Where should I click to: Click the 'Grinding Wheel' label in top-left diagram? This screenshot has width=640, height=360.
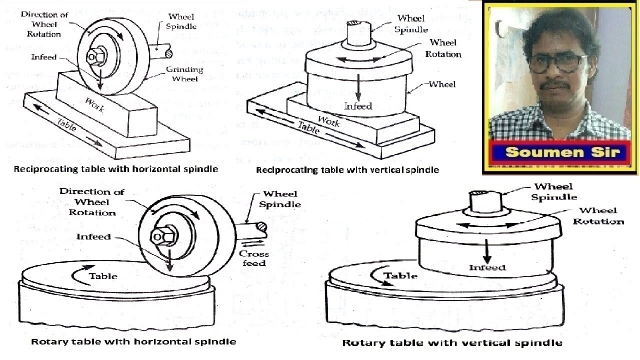click(184, 74)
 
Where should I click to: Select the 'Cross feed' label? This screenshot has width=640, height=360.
click(254, 258)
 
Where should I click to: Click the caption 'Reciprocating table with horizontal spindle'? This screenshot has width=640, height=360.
click(116, 169)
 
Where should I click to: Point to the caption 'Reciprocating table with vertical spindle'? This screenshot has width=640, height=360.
click(347, 170)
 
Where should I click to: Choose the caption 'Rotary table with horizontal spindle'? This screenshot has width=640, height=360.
click(133, 342)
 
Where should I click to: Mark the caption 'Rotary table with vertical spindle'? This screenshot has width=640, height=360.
click(452, 343)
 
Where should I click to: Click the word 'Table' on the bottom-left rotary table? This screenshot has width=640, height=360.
click(103, 276)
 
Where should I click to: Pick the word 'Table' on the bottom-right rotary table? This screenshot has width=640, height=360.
click(400, 276)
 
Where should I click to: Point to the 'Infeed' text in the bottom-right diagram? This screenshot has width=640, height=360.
click(487, 268)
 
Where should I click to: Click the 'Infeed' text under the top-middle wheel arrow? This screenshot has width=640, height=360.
click(358, 106)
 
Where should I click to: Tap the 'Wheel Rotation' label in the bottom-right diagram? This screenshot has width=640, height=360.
click(598, 216)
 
